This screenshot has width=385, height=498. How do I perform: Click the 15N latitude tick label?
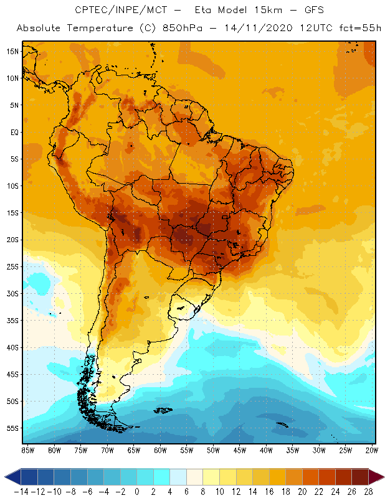pyautogui.click(x=13, y=51)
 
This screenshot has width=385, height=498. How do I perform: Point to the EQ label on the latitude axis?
pyautogui.click(x=14, y=132)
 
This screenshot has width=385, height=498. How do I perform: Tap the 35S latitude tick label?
pyautogui.click(x=13, y=320)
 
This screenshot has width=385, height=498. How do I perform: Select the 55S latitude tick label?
pyautogui.click(x=13, y=428)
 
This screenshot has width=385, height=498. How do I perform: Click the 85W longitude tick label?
pyautogui.click(x=27, y=450)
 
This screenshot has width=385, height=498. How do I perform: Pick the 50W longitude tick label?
pyautogui.click(x=213, y=450)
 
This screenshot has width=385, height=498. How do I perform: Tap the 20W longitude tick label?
pyautogui.click(x=372, y=450)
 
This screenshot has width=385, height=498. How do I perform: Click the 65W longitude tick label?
pyautogui.click(x=133, y=450)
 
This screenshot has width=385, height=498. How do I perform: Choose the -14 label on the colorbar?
pyautogui.click(x=21, y=491)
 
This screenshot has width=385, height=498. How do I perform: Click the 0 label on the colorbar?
pyautogui.click(x=137, y=491)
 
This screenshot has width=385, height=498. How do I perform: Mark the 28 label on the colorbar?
pyautogui.click(x=368, y=491)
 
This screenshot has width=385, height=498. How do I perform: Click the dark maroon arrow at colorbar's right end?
pyautogui.click(x=376, y=477)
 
